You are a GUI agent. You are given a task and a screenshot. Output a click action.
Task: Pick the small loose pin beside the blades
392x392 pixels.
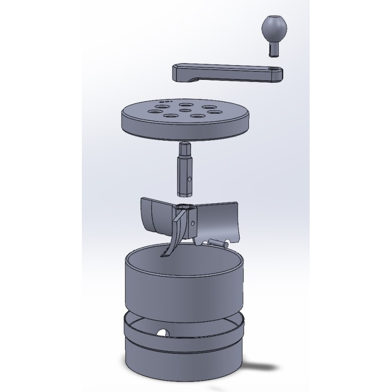218,241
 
